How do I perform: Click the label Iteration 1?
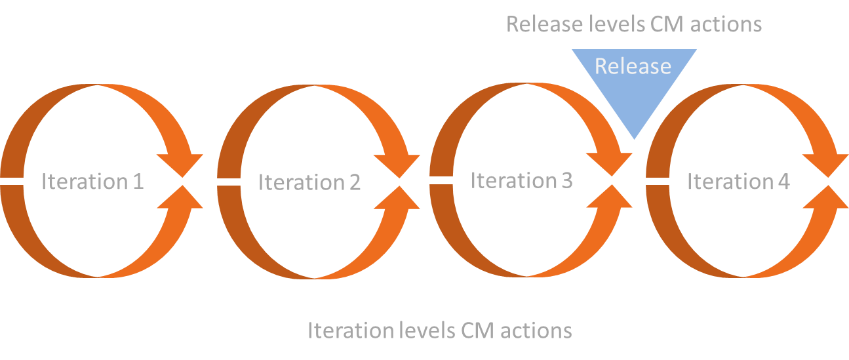click(x=92, y=182)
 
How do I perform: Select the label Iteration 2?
click(x=309, y=182)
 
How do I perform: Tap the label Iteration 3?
click(x=521, y=180)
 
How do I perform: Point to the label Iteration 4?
click(x=738, y=182)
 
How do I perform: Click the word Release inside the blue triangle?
click(x=633, y=66)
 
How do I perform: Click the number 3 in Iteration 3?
click(x=566, y=180)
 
